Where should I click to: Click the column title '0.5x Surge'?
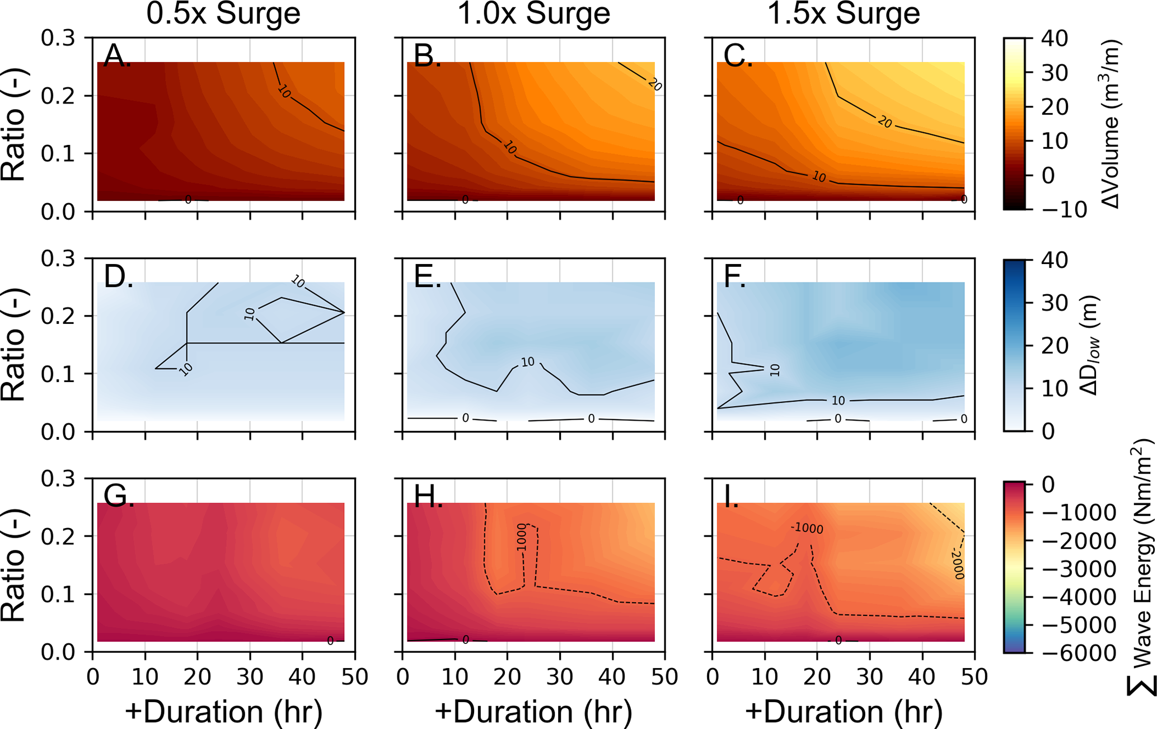[x=223, y=13]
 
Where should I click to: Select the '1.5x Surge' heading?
[x=844, y=13]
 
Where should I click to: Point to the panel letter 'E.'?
[x=428, y=276]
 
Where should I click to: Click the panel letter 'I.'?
[x=731, y=497]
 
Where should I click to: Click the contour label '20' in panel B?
[x=654, y=84]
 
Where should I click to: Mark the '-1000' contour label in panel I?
[x=807, y=528]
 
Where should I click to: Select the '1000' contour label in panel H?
[x=522, y=538]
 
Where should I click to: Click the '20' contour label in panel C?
[x=884, y=121]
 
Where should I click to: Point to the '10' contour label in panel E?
[x=528, y=362]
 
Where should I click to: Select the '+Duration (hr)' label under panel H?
[x=533, y=712]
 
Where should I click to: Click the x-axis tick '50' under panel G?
[x=354, y=677]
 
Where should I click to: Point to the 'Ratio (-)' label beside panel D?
[x=13, y=345]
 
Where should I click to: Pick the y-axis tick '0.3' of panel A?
[x=58, y=38]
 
